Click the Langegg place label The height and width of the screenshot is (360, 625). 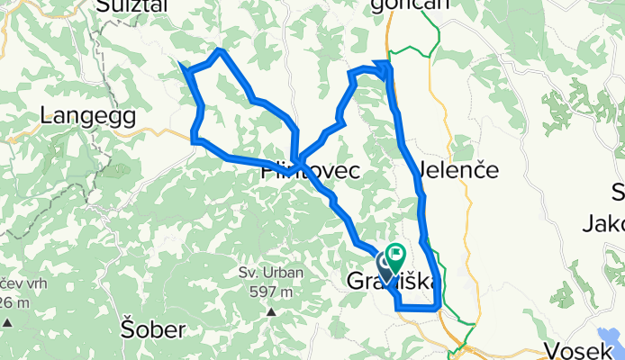pos(87,115)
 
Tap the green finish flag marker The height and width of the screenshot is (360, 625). pos(395,253)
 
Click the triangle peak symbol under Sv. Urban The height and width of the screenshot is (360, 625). pos(270,312)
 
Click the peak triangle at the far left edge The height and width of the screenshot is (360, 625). pos(7,321)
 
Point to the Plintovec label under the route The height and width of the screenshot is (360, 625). pos(311,169)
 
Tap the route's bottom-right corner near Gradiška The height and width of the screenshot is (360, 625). pos(439,308)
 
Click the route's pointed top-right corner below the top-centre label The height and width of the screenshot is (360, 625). pos(387,63)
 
